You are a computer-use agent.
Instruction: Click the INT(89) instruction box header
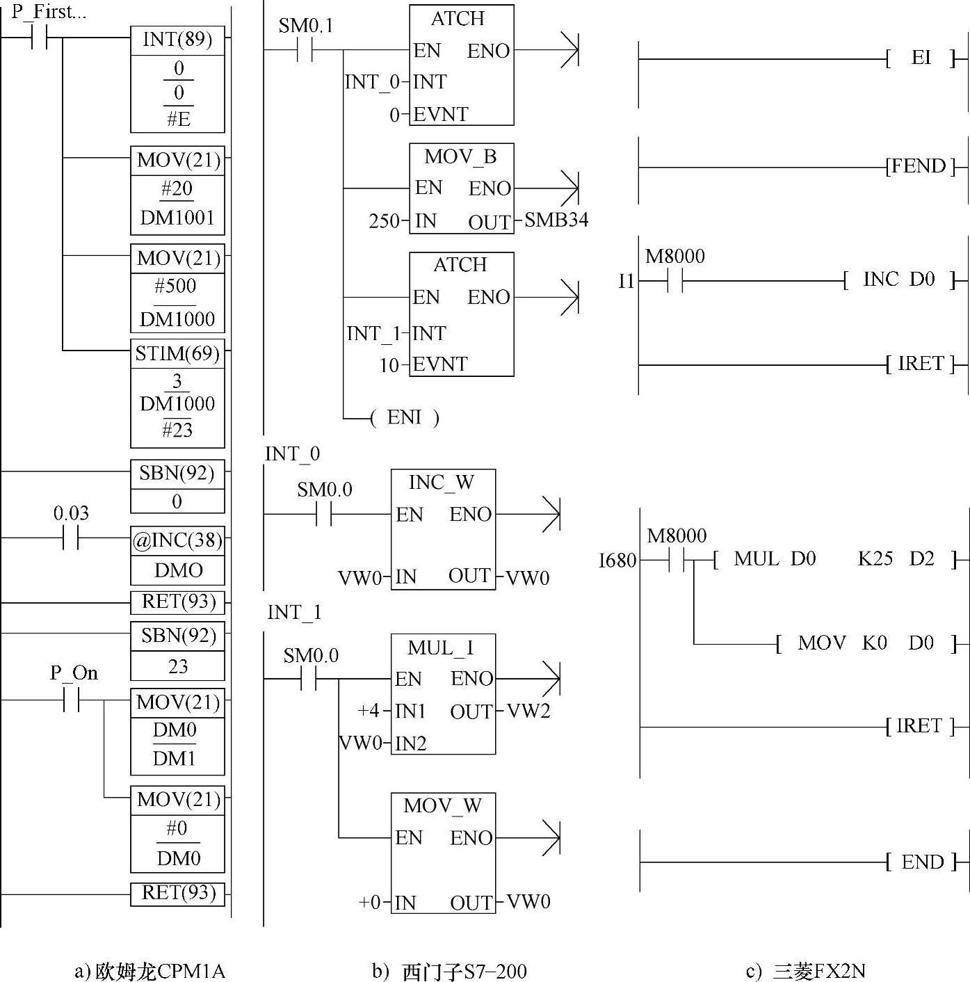point(177,40)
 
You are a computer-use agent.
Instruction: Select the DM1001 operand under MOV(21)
point(177,218)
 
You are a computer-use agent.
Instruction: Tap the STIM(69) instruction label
point(177,354)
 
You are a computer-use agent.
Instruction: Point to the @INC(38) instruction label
point(177,540)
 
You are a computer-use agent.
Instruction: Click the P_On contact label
point(74,673)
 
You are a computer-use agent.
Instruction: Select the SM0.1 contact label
point(306,26)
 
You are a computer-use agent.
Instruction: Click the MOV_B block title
point(460,156)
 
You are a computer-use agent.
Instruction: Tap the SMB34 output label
point(556,220)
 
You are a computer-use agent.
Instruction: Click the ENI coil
point(404,417)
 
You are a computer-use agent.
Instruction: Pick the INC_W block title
point(442,482)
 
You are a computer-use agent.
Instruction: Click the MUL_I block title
point(442,647)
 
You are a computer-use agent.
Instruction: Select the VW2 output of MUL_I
point(528,711)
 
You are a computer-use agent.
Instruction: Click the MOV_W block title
point(443,806)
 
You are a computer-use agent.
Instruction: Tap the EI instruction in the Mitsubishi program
point(921,58)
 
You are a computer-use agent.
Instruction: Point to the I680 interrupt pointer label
point(617,561)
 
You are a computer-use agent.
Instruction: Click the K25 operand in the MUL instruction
point(875,559)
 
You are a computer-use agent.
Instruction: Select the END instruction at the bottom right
point(922,862)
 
